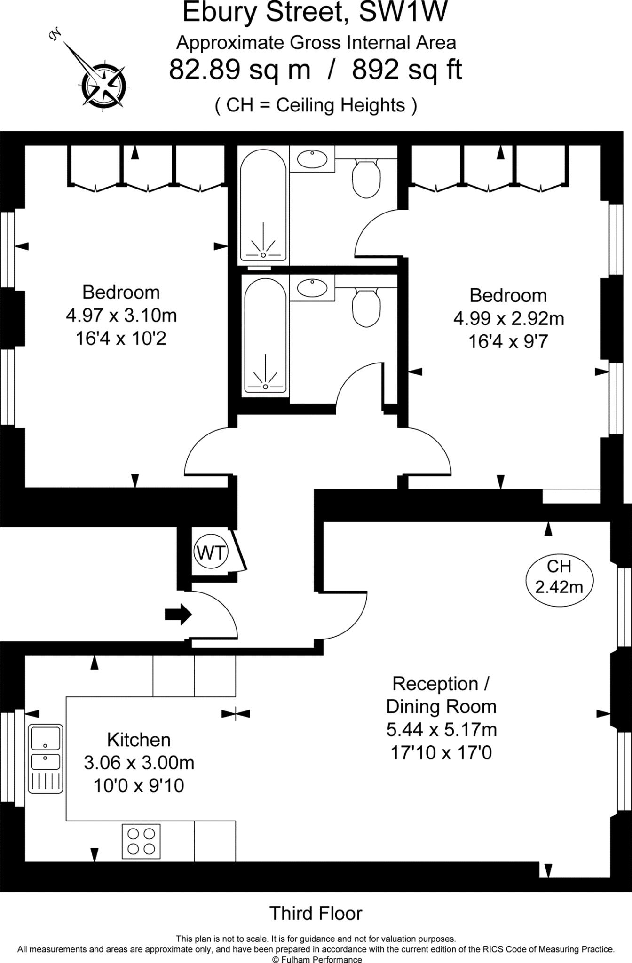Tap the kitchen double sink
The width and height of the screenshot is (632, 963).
point(45,758)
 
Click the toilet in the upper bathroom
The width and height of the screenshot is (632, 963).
point(366,178)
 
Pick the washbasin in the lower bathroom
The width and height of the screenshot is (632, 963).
point(312,288)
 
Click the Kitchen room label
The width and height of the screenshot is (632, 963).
point(139,740)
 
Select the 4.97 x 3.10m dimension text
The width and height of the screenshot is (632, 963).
point(121,315)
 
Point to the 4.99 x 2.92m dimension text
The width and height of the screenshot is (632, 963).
point(508,319)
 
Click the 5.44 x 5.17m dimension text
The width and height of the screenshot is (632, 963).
point(442,729)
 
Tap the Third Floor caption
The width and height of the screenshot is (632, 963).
point(316,913)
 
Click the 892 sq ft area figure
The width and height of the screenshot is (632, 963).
point(407,70)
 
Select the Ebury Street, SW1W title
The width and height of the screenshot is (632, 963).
point(315,13)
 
